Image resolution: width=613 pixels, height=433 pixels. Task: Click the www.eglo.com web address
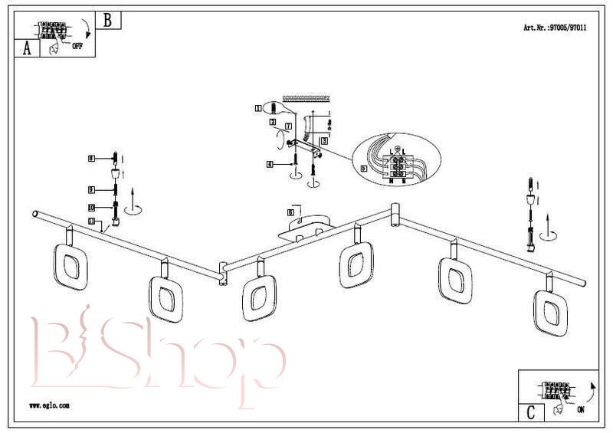(x=49, y=405)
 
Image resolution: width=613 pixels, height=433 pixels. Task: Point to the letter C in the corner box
(x=530, y=412)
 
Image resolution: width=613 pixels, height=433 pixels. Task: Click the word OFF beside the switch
(x=77, y=46)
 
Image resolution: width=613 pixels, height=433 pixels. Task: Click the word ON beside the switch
(x=579, y=410)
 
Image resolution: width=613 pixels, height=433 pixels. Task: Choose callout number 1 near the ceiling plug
(x=258, y=109)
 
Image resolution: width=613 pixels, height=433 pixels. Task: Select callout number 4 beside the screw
(x=270, y=164)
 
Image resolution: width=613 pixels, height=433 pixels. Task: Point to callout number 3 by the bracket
(x=324, y=141)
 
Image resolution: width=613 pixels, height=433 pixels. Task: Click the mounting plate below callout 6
(x=305, y=230)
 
